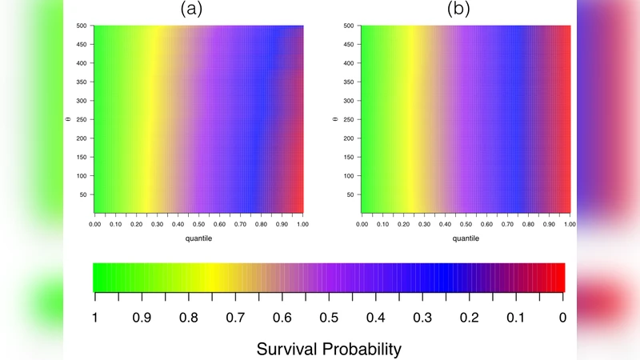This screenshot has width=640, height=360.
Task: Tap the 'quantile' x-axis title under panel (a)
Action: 198,238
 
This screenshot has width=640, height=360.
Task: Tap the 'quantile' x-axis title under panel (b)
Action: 466,238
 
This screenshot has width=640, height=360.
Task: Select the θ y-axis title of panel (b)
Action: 334,121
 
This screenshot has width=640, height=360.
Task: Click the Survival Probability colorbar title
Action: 329,349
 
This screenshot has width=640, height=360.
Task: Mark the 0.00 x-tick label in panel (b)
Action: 362,225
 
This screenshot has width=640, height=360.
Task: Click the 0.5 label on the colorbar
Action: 329,318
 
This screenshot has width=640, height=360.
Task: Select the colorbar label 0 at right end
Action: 564,318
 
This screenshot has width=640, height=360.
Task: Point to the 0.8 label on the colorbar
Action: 188,318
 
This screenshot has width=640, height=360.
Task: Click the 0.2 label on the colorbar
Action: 470,318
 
